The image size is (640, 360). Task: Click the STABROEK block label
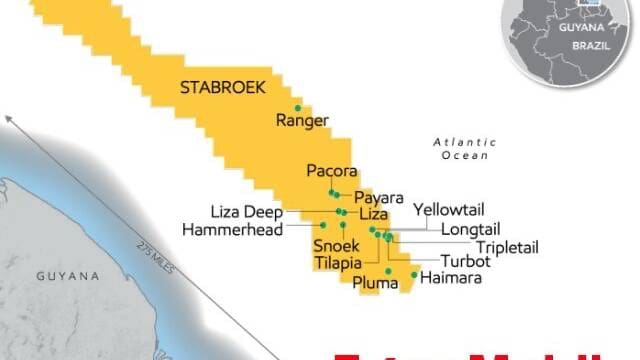[x=223, y=88]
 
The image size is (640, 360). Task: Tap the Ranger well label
[x=301, y=121]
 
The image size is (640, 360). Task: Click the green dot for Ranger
[x=297, y=108]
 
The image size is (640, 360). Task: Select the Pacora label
[x=331, y=171]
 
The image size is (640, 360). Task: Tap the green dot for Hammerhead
[x=323, y=226]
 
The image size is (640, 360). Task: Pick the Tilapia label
[x=337, y=262]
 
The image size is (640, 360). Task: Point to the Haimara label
[x=451, y=277]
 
